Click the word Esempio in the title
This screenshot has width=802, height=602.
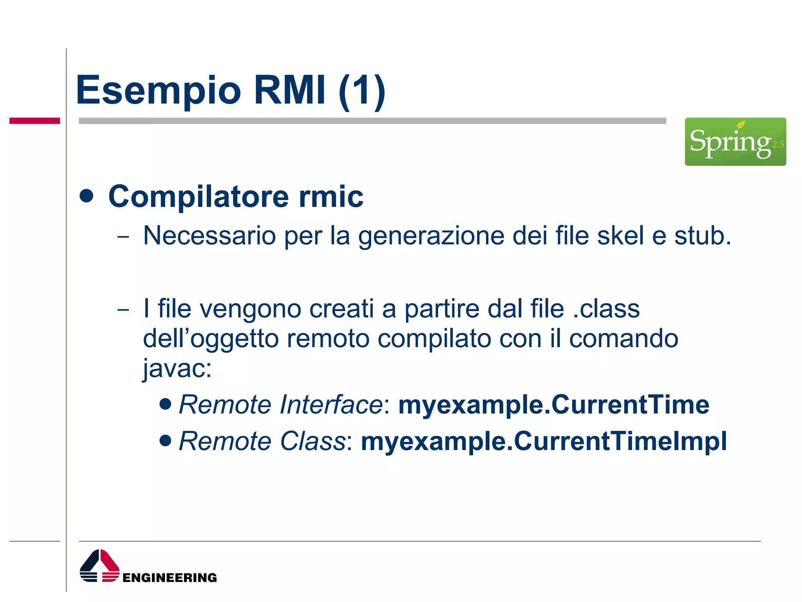[158, 91]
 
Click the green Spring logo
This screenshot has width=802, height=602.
[735, 141]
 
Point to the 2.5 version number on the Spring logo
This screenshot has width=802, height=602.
[778, 145]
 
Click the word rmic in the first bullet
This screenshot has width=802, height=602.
[331, 196]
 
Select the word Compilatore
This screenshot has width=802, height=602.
[198, 196]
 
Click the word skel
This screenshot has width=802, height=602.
[620, 236]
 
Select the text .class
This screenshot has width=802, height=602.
[606, 309]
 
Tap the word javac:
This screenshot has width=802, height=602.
[177, 368]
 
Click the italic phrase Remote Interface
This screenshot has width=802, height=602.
[280, 404]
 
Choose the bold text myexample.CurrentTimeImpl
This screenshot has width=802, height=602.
[544, 441]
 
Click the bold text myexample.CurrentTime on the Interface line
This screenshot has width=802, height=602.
[554, 404]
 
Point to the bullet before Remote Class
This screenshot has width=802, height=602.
[166, 440]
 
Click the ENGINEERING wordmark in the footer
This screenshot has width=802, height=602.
[170, 578]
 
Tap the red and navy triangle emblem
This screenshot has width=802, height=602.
[99, 566]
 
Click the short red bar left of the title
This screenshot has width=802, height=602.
[34, 121]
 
